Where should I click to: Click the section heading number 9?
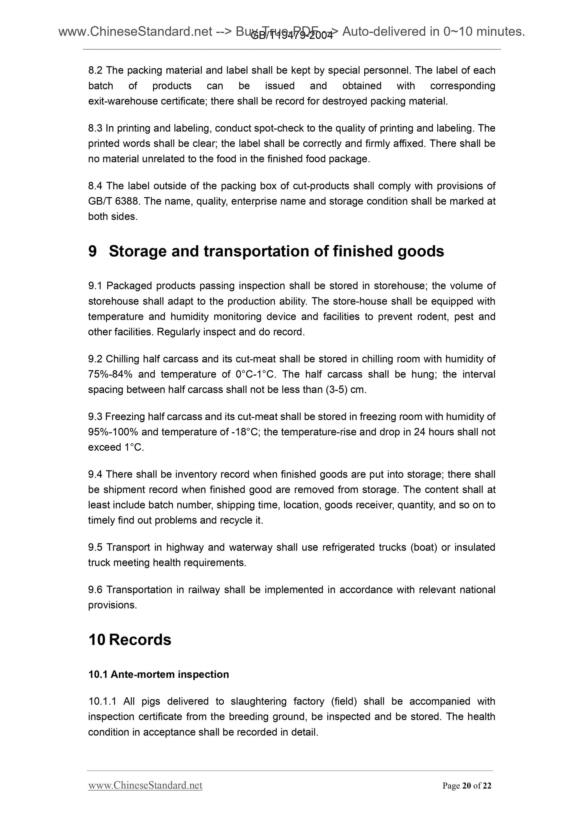pyautogui.click(x=92, y=251)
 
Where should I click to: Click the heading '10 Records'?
pyautogui.click(x=130, y=640)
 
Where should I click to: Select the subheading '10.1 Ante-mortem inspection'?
pyautogui.click(x=159, y=674)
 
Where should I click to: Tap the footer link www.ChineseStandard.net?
pyautogui.click(x=145, y=785)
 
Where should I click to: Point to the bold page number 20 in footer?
pyautogui.click(x=467, y=786)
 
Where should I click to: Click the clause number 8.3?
pyautogui.click(x=95, y=128)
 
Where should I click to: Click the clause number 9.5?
pyautogui.click(x=95, y=547)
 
